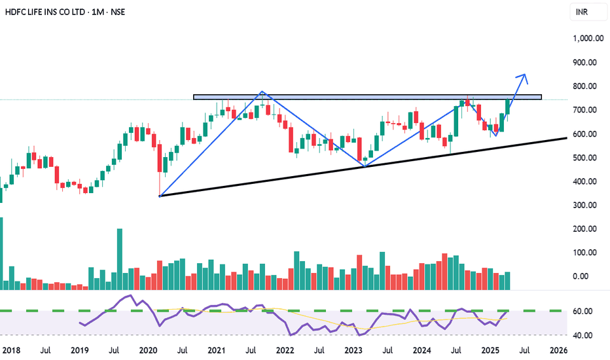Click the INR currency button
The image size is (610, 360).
point(581,12)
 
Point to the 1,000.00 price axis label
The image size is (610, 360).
point(587,39)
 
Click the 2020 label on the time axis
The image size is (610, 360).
point(149,350)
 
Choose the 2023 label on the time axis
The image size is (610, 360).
point(354,350)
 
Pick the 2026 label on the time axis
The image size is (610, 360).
point(558,350)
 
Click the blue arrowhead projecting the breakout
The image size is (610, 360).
point(524,76)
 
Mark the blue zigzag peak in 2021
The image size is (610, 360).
point(262,92)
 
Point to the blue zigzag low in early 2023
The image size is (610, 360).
point(363,166)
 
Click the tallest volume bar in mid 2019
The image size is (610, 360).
point(120,259)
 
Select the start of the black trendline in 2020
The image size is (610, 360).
point(160,196)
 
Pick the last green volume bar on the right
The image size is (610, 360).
point(507,281)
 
